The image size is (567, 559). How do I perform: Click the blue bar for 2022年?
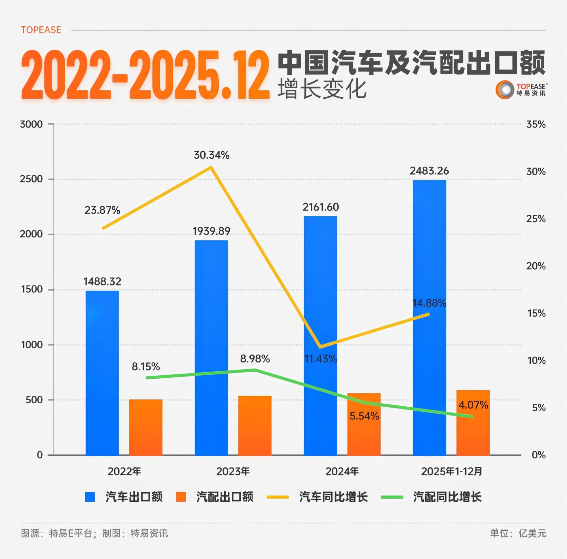(102, 373)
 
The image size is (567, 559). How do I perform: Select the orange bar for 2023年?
(255, 425)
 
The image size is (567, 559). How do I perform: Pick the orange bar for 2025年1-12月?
(473, 423)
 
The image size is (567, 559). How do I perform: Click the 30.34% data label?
(211, 155)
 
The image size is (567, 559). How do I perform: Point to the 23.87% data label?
(102, 210)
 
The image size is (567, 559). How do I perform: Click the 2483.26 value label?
(429, 171)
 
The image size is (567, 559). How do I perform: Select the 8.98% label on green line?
(255, 359)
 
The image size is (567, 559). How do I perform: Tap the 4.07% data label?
(473, 405)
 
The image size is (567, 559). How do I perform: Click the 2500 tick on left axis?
(31, 179)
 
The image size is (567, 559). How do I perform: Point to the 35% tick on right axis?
(536, 124)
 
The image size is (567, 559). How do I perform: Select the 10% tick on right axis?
(536, 361)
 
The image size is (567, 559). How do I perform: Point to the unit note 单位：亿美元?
(518, 533)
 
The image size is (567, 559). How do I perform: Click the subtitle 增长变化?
(322, 89)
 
